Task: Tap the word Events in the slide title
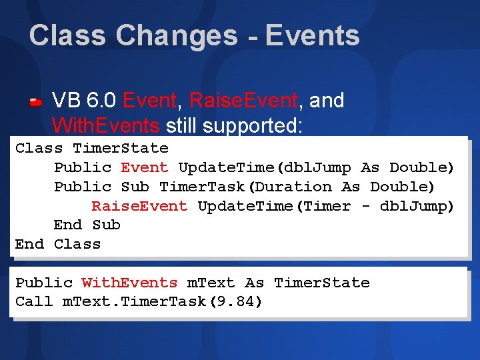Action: point(313,36)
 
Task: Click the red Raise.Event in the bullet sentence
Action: point(243,101)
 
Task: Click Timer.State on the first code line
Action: point(121,148)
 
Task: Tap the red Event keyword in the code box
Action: point(145,167)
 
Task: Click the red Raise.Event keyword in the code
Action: point(139,206)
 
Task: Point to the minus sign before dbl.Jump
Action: point(365,206)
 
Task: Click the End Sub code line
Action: point(87,225)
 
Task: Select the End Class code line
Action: point(58,245)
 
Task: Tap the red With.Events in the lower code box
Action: point(129,283)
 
